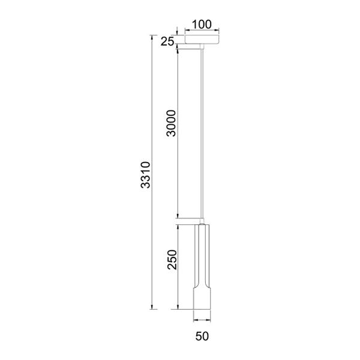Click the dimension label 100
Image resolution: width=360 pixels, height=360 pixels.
(202, 25)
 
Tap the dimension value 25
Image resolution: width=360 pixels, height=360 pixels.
(167, 41)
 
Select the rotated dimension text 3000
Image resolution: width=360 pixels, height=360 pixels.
(171, 123)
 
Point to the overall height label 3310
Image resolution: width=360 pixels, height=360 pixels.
(146, 175)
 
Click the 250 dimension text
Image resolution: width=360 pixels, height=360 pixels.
(172, 259)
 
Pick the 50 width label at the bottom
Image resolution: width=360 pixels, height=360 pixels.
(202, 336)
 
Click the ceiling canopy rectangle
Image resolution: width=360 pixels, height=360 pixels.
(202, 39)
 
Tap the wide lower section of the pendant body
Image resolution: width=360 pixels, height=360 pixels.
(202, 298)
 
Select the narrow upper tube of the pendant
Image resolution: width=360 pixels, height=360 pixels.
(202, 255)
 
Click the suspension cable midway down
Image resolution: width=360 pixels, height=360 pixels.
(202, 133)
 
